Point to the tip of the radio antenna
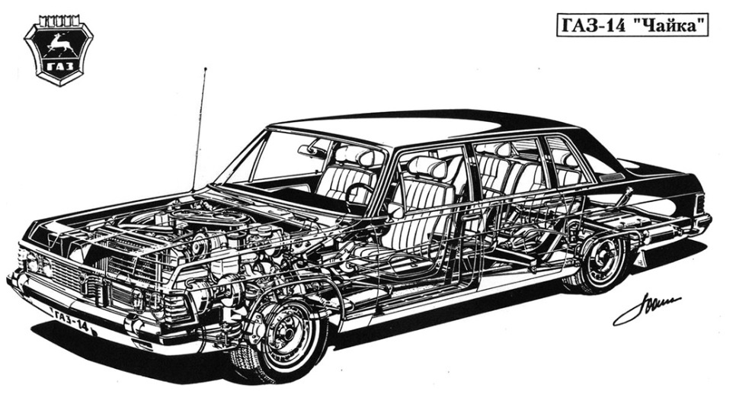click(x=205, y=69)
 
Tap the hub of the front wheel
click(x=286, y=336)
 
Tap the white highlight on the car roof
click(x=396, y=122)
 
